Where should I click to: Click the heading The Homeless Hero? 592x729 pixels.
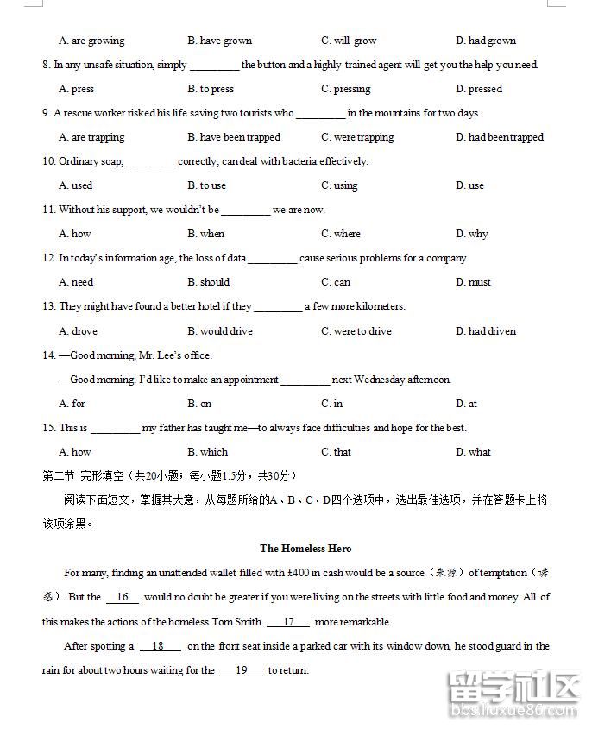305,548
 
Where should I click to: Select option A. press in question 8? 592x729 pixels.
76,89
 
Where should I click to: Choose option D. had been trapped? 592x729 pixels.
499,137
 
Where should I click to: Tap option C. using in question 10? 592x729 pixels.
339,185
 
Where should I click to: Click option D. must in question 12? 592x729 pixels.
473,282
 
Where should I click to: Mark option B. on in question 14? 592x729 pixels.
199,404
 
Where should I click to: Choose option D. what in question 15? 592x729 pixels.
473,452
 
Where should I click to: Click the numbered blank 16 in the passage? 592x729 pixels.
123,597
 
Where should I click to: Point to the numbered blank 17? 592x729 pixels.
288,622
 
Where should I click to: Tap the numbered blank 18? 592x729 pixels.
158,646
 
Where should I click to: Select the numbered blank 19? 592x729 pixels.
242,670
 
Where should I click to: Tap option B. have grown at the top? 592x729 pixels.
219,41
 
